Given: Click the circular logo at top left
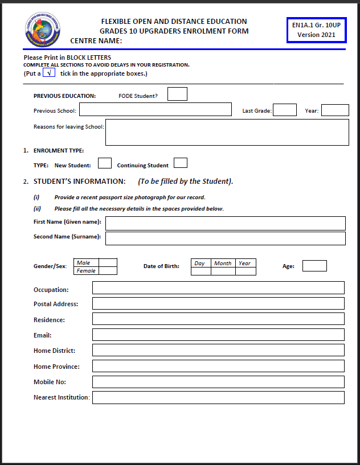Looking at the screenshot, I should (43, 30).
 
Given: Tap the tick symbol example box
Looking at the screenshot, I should (49, 73).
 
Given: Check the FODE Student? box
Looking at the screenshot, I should (177, 94).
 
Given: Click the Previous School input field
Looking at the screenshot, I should (155, 110).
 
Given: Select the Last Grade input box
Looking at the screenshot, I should (285, 110).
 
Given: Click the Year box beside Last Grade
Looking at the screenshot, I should (335, 110).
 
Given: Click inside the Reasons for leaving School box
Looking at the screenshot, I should (227, 132).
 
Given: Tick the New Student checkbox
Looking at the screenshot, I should (105, 163).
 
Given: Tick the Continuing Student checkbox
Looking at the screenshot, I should (181, 163).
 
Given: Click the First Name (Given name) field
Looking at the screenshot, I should (225, 223).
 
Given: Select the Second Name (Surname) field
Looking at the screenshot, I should (225, 238).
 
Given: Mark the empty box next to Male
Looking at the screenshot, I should (108, 263).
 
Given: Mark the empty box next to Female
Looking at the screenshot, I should (108, 271).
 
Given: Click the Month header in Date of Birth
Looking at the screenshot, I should (223, 264).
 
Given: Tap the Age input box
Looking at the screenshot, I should (314, 266).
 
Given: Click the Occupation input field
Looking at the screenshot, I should (218, 288).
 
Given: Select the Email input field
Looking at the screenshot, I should (218, 335).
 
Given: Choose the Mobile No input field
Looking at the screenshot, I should (218, 382).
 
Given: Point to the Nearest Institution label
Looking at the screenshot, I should (62, 397).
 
